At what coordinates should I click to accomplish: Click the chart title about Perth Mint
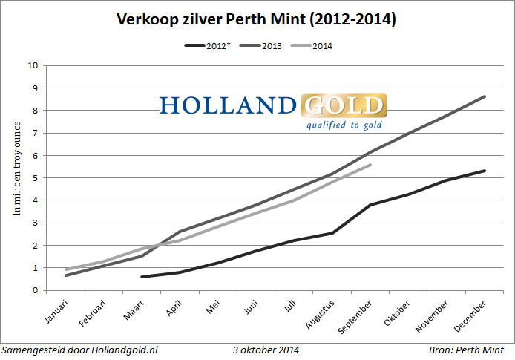[257, 20]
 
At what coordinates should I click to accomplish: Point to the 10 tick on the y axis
[33, 65]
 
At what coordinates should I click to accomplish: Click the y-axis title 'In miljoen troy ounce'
[16, 178]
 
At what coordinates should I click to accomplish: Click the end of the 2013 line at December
[485, 96]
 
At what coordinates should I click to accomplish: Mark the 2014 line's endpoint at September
[370, 165]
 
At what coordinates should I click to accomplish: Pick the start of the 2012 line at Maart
[142, 277]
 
